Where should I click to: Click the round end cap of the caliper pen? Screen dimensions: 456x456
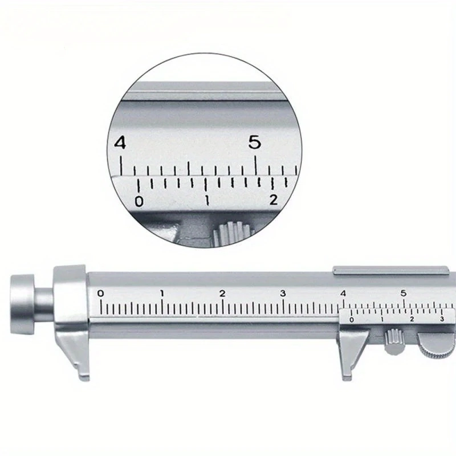coord(22,304)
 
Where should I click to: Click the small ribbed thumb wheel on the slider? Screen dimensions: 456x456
coord(394,341)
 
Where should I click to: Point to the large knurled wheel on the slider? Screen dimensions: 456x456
coord(437,346)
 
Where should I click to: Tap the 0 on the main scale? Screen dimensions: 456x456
coord(100,294)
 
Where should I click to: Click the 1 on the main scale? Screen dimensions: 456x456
coord(162,294)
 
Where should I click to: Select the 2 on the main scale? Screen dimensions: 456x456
coord(222,294)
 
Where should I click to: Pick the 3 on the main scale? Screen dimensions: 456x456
coord(283,294)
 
